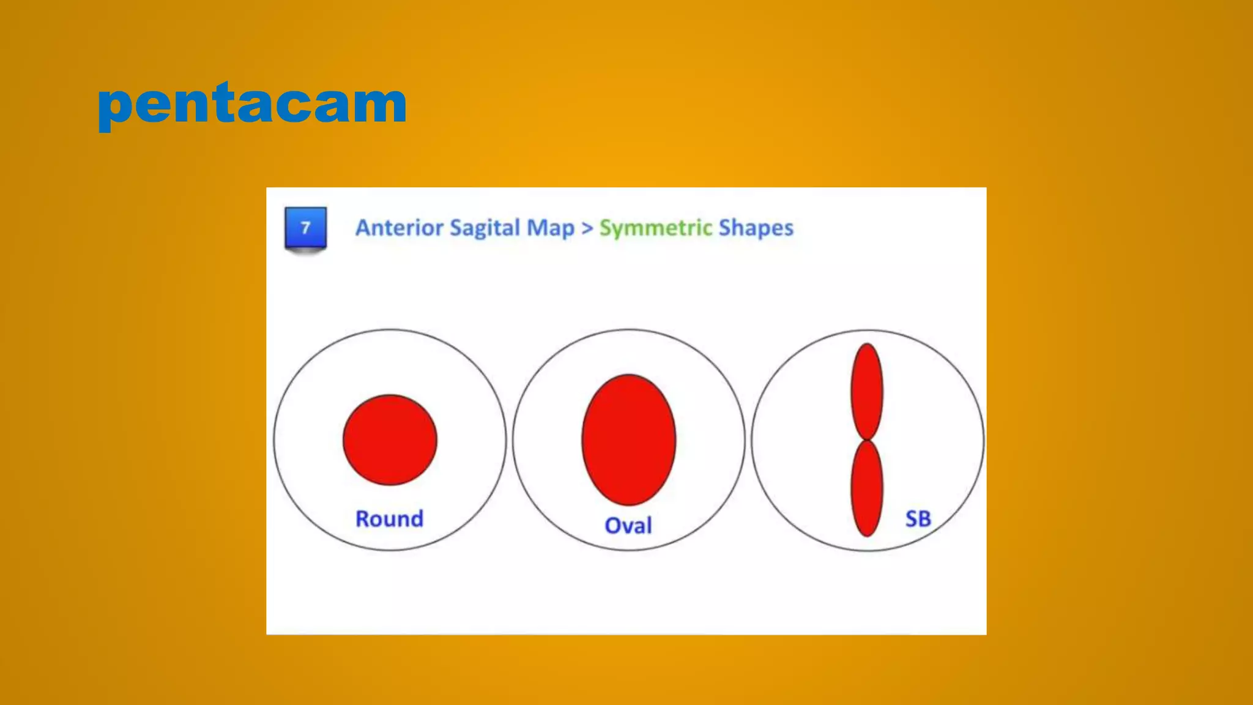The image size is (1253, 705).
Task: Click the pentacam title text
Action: pyautogui.click(x=252, y=104)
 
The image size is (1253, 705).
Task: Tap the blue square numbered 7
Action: pyautogui.click(x=305, y=228)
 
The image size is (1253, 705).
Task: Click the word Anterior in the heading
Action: pyautogui.click(x=400, y=228)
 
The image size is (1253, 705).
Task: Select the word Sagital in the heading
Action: pyautogui.click(x=485, y=228)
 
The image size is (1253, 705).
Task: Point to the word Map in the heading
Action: pyautogui.click(x=551, y=228)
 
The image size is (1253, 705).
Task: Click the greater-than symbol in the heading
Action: pyautogui.click(x=587, y=228)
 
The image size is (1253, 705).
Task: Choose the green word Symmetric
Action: pyautogui.click(x=655, y=228)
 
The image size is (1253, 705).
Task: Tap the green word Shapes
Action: pyautogui.click(x=756, y=228)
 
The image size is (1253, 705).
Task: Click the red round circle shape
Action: pyautogui.click(x=390, y=439)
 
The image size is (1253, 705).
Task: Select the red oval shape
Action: pyautogui.click(x=629, y=439)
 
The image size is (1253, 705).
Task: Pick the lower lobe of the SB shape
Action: pyautogui.click(x=867, y=488)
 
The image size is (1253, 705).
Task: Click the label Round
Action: pyautogui.click(x=389, y=519)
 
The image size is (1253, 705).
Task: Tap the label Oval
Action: pyautogui.click(x=628, y=526)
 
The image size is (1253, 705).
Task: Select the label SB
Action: pyautogui.click(x=918, y=519)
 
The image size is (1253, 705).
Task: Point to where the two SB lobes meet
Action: pyautogui.click(x=867, y=440)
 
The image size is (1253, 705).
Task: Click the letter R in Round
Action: pyautogui.click(x=363, y=519)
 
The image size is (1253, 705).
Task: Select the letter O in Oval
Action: pyautogui.click(x=614, y=526)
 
